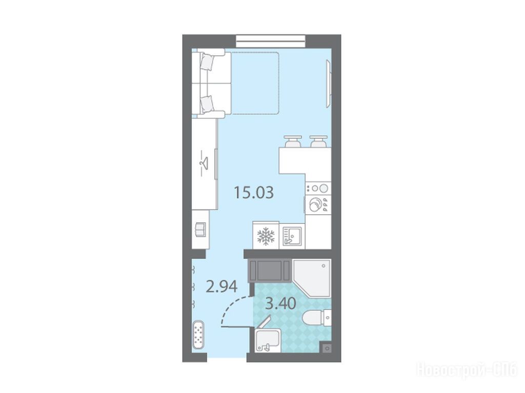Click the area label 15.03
[x=253, y=193]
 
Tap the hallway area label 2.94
[x=221, y=286]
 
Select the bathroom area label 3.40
[x=280, y=304]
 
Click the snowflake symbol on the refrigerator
[x=266, y=236]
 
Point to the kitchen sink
[x=292, y=236]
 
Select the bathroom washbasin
[x=267, y=340]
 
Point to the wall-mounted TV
[x=329, y=84]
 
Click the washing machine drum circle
[x=315, y=204]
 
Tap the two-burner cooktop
[x=318, y=189]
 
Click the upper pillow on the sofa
[x=207, y=63]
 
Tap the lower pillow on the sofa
[x=206, y=104]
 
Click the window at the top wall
[x=271, y=41]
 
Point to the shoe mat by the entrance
[x=198, y=335]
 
